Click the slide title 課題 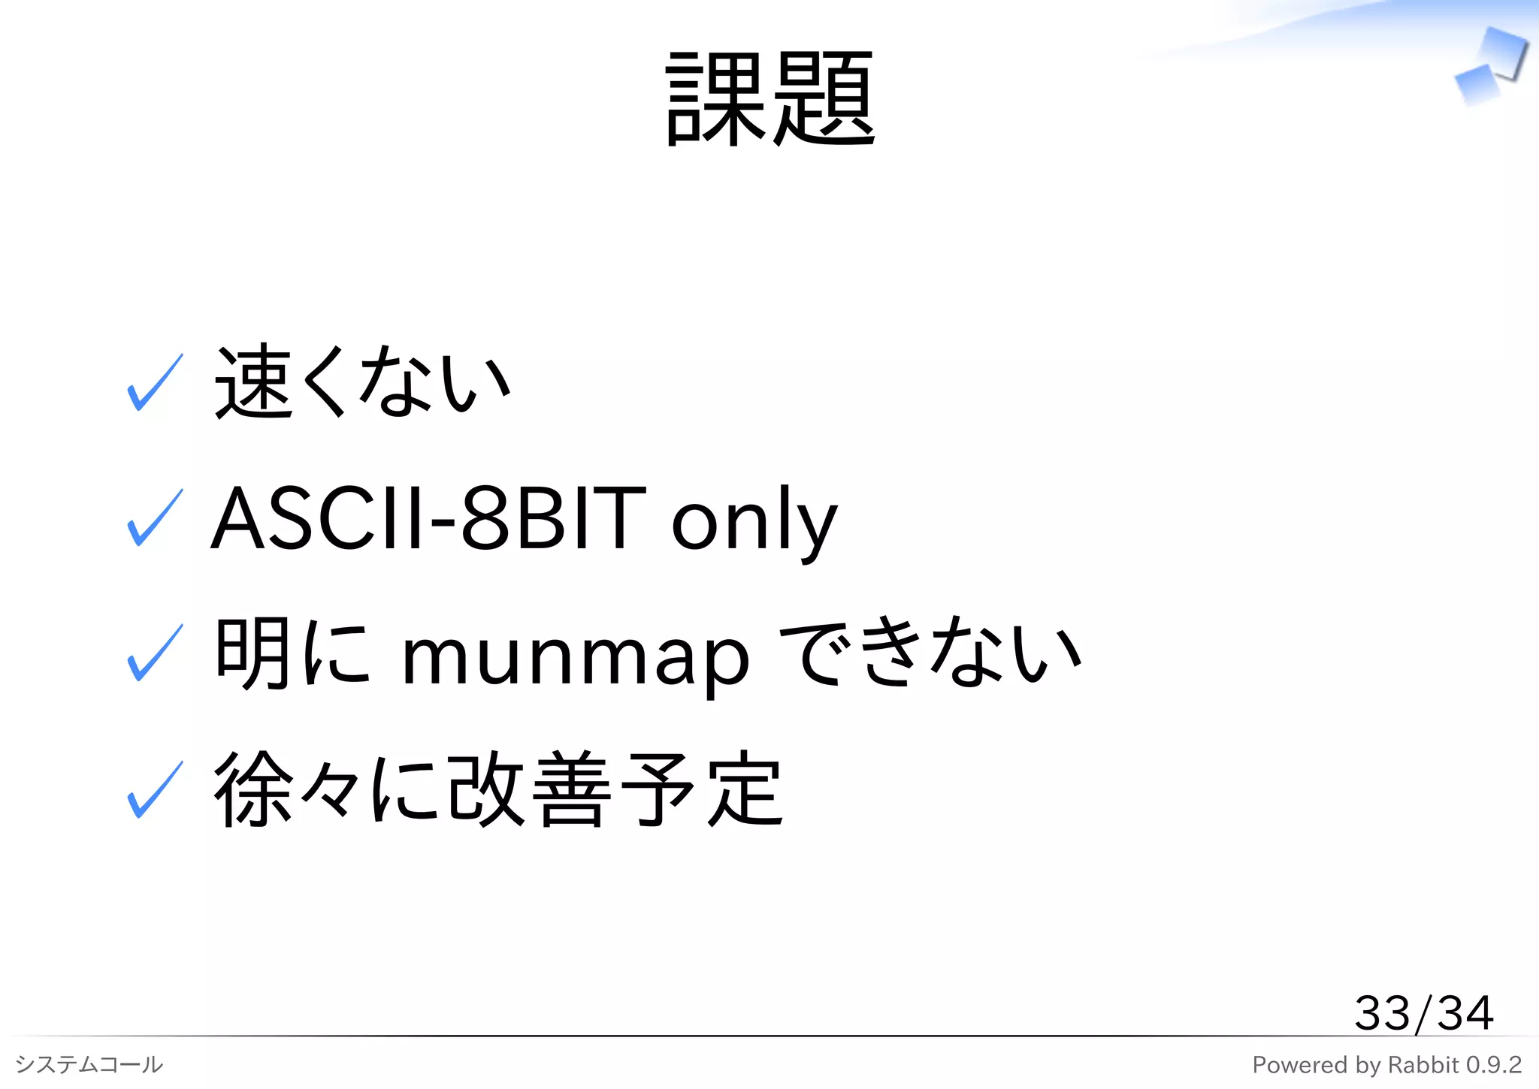(x=769, y=99)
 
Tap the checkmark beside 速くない (x=155, y=384)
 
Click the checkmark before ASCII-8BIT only (x=155, y=518)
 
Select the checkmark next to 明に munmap (x=155, y=653)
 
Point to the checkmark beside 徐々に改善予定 (x=155, y=790)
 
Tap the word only (x=754, y=522)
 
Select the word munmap (x=576, y=658)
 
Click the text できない (x=930, y=652)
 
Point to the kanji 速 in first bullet (x=253, y=382)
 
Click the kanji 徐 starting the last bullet (x=253, y=790)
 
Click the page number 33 (x=1382, y=1013)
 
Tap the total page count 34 (x=1465, y=1013)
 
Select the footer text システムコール (x=89, y=1064)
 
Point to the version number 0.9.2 (x=1494, y=1065)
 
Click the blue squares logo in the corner (x=1490, y=68)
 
